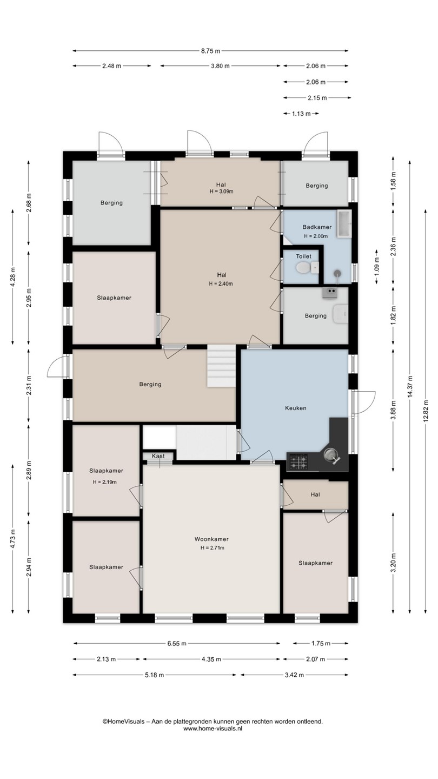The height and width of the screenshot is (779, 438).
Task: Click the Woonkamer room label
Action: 211,539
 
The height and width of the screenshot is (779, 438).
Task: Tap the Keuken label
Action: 296,408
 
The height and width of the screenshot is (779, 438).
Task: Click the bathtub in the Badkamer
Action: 344,223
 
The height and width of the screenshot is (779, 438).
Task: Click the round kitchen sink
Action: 330,455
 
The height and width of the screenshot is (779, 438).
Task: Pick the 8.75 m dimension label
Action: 211,51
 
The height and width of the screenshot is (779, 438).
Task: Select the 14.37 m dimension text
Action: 410,386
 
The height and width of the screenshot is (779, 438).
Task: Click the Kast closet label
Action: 158,456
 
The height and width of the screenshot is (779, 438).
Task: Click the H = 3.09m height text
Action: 221,192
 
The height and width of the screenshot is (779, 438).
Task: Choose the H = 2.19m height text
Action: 105,482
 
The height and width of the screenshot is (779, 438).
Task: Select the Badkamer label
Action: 317,227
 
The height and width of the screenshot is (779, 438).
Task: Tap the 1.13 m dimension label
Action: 301,114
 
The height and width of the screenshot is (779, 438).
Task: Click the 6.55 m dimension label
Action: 177,643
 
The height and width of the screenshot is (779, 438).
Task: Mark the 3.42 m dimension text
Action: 294,675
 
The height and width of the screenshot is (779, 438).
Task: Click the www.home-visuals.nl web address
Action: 213,728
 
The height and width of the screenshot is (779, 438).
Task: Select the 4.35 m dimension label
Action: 211,659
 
